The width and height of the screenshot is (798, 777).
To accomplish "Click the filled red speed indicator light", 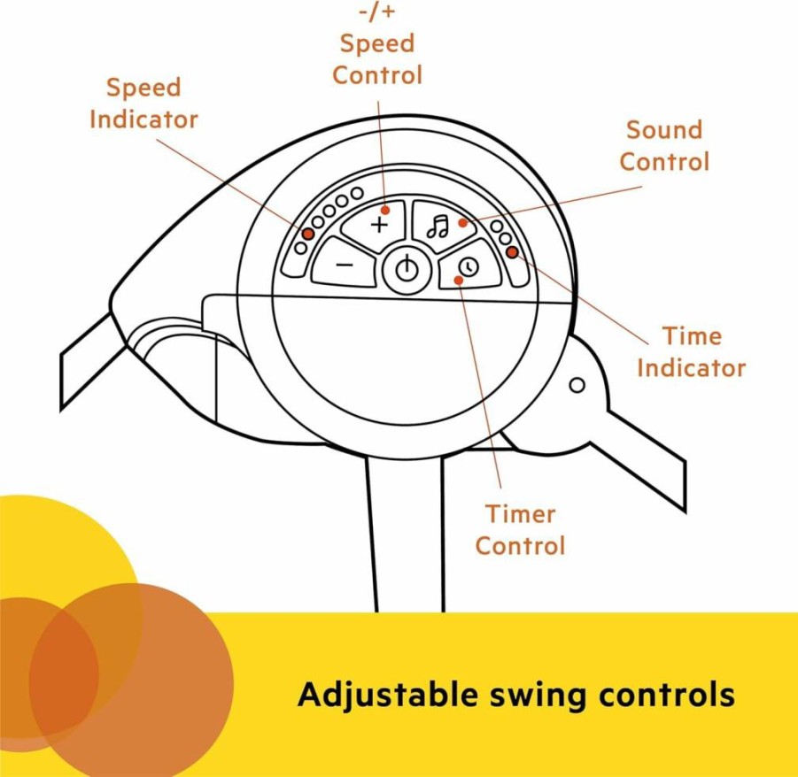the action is tap(307, 234).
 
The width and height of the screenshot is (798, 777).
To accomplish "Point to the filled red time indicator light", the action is tap(513, 251).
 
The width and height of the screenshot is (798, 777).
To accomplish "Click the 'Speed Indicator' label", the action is tap(143, 104).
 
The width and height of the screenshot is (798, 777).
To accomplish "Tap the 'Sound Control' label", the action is tap(664, 146).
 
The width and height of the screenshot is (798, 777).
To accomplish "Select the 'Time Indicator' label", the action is tap(691, 352).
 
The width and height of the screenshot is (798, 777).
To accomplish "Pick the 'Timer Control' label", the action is tap(520, 530).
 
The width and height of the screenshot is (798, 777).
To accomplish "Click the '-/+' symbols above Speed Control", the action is tap(377, 12).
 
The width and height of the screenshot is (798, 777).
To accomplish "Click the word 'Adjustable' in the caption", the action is tap(388, 695).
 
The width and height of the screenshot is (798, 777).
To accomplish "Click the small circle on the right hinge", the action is tap(577, 385).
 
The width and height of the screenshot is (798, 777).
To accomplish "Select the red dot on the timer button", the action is tap(459, 281).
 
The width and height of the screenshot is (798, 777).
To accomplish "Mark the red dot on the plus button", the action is tap(385, 210).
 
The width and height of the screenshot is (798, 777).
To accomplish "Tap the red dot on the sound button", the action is tap(462, 223).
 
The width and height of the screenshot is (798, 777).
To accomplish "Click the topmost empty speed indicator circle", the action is tap(357, 193).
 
